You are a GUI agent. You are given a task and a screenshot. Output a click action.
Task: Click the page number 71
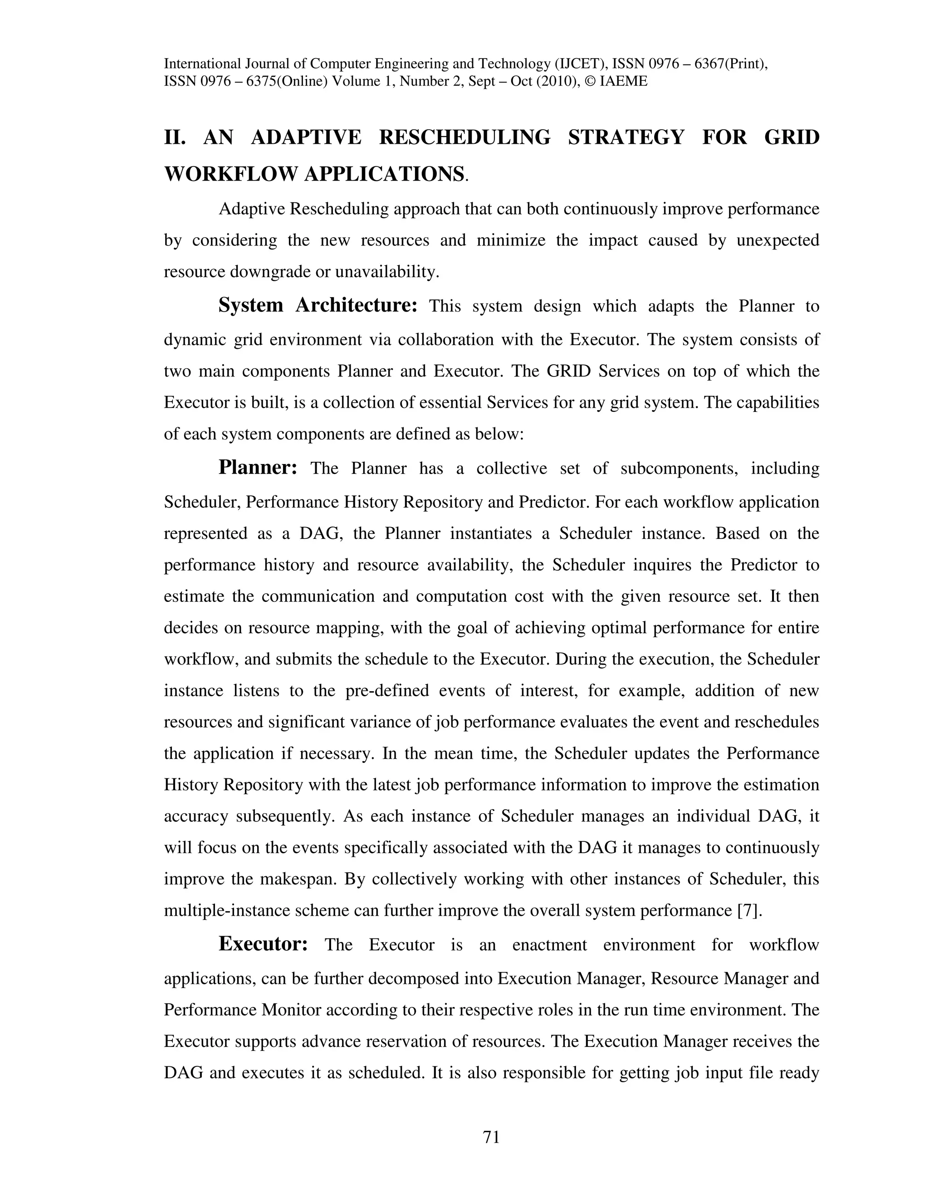[x=491, y=1137]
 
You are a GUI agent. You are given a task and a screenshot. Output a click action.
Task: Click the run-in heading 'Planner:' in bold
[x=258, y=467]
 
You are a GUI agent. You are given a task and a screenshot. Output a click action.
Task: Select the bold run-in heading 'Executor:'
[x=263, y=943]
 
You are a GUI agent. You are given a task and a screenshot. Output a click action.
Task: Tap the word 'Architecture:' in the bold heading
[x=357, y=305]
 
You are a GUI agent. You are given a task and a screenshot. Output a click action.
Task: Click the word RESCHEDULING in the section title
[x=464, y=137]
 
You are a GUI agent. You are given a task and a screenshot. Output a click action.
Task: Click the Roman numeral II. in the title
[x=176, y=137]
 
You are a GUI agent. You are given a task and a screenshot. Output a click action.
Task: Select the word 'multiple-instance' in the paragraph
[x=227, y=910]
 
